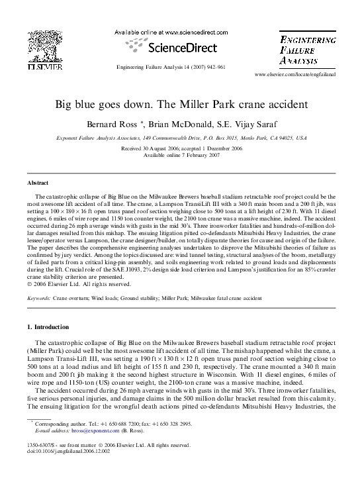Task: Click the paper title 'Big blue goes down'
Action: pyautogui.click(x=181, y=105)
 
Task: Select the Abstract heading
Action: pyautogui.click(x=38, y=181)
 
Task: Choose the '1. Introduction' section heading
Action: pyautogui.click(x=47, y=327)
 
